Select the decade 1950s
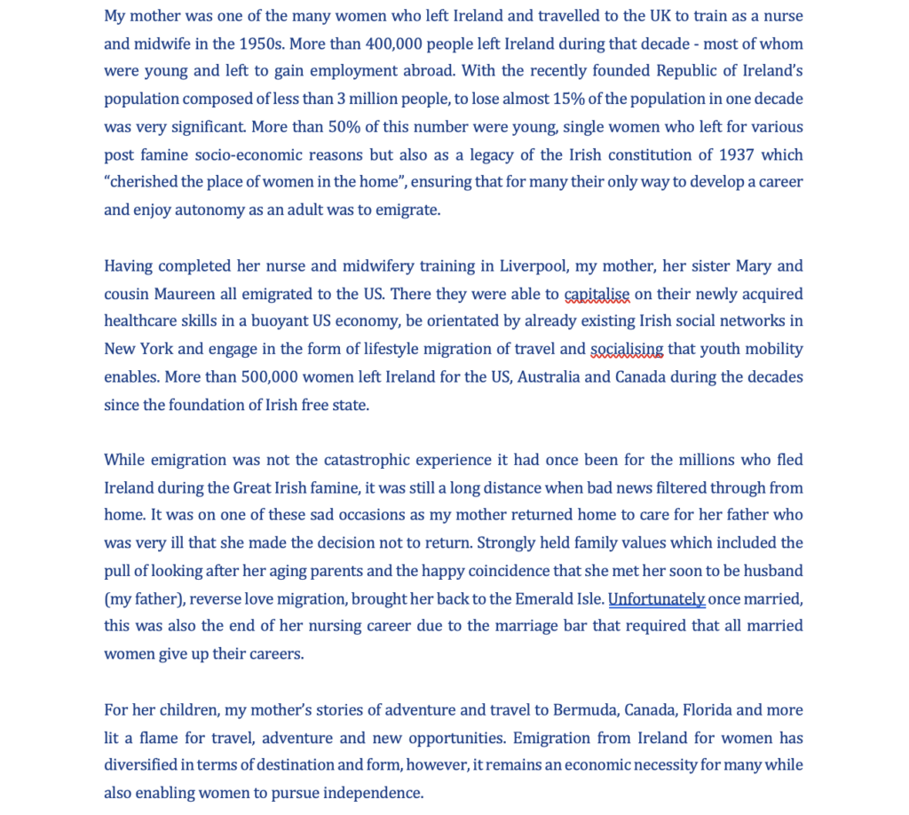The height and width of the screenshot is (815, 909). click(x=262, y=44)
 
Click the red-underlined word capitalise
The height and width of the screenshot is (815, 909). click(x=597, y=294)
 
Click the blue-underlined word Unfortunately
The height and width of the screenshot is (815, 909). click(x=656, y=598)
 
